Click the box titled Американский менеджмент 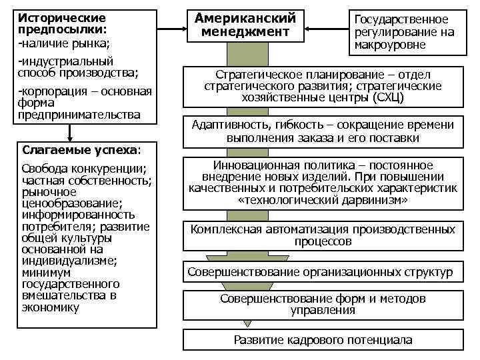point(245,25)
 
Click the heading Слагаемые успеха point(80,149)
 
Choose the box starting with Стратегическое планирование point(323,86)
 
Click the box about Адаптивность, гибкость point(323,131)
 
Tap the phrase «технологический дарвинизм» point(323,199)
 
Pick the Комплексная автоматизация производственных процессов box point(323,235)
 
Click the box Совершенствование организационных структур point(320,272)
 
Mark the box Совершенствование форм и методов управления point(323,304)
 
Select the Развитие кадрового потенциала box point(323,340)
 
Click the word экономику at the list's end point(50,307)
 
